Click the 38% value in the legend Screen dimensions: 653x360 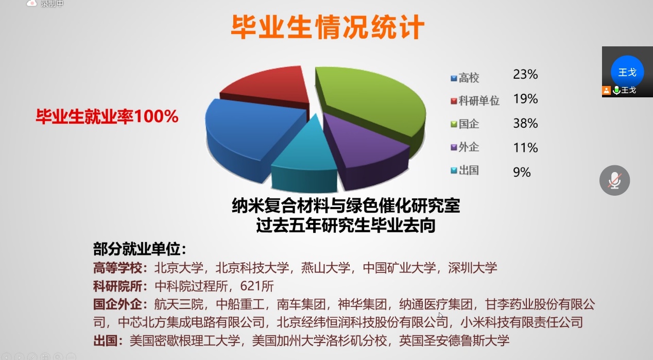coord(525,123)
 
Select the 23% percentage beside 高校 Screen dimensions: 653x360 coord(525,74)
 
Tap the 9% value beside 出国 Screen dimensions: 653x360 coord(522,173)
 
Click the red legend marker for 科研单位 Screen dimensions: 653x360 coord(454,101)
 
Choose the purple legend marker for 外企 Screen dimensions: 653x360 coord(454,147)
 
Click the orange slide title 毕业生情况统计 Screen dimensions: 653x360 coord(328,27)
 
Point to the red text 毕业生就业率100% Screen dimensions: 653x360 coord(107,116)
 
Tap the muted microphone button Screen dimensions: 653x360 coord(614,180)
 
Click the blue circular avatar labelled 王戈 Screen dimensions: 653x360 coord(627,72)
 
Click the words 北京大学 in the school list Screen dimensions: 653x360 coord(179,268)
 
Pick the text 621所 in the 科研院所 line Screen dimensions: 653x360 coord(257,286)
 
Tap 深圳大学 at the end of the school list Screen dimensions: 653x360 coord(473,268)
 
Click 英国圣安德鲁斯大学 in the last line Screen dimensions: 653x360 coord(454,340)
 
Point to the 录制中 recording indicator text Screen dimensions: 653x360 coord(52,4)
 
